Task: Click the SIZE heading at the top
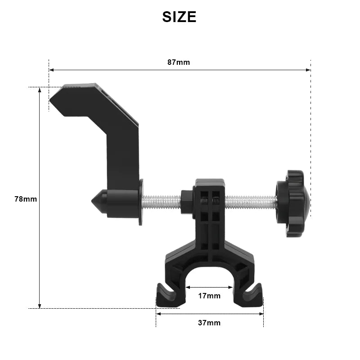pyautogui.click(x=179, y=17)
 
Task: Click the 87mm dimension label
pyautogui.click(x=179, y=62)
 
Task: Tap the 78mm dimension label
pyautogui.click(x=26, y=198)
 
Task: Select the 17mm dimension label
pyautogui.click(x=209, y=296)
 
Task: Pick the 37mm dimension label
pyautogui.click(x=209, y=323)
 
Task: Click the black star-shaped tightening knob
pyautogui.click(x=293, y=203)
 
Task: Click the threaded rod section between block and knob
pyautogui.click(x=250, y=202)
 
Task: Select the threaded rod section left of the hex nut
pyautogui.click(x=161, y=202)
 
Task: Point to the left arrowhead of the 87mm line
pyautogui.click(x=51, y=70)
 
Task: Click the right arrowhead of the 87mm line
pyautogui.click(x=308, y=70)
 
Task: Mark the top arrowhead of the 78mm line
pyautogui.click(x=40, y=90)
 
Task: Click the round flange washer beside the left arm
pyautogui.click(x=141, y=202)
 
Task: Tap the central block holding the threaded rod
pyautogui.click(x=209, y=211)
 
